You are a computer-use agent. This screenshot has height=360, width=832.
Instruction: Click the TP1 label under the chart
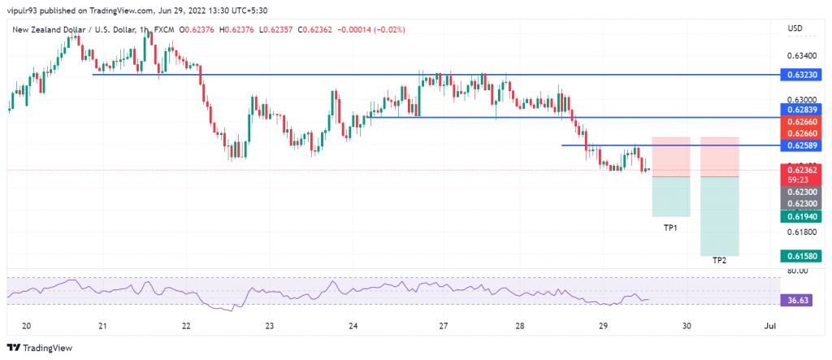click(670, 228)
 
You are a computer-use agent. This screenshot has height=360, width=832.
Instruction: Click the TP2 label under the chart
click(719, 260)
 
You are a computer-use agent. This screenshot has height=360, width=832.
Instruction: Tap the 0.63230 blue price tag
click(804, 74)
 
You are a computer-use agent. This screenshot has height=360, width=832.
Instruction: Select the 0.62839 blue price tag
click(804, 109)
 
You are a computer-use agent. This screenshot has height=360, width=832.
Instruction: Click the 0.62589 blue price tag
click(804, 145)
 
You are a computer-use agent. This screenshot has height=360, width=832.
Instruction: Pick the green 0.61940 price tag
click(804, 216)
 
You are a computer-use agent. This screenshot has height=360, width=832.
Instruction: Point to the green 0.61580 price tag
click(804, 256)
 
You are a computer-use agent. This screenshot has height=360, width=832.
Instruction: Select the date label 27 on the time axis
click(444, 326)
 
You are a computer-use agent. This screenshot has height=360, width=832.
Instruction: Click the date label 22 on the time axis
click(186, 326)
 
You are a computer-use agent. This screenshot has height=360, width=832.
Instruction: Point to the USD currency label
click(795, 29)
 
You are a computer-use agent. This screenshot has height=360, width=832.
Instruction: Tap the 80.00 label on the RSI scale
click(797, 271)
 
